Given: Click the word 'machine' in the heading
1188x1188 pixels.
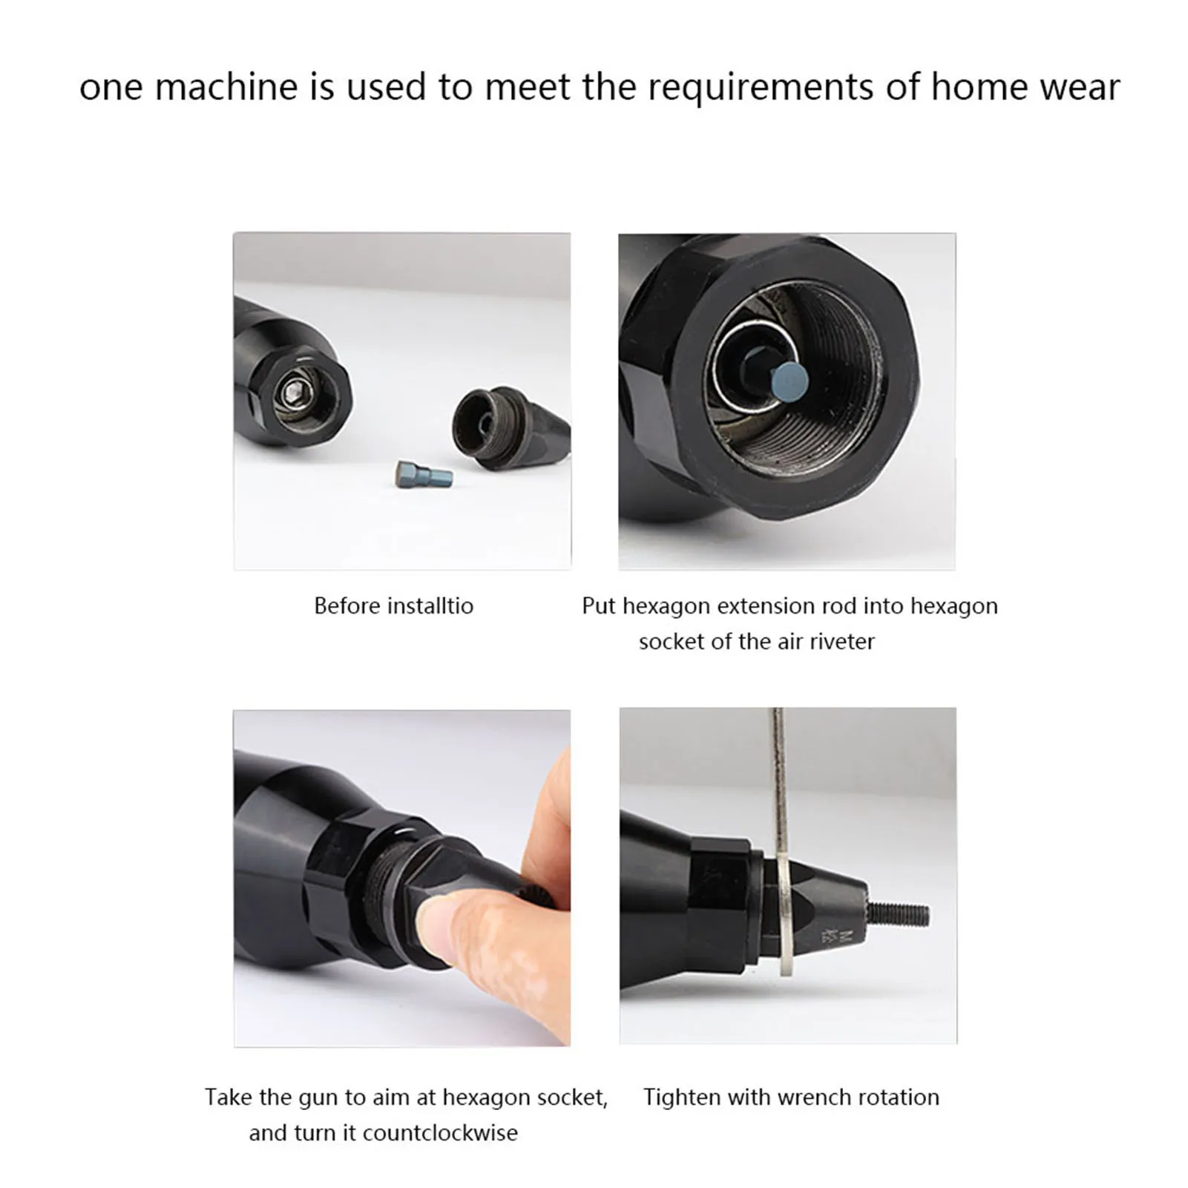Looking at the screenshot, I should click(226, 87).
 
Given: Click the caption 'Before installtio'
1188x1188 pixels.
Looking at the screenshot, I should click(393, 606).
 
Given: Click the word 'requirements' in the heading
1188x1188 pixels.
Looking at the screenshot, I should click(764, 87).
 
